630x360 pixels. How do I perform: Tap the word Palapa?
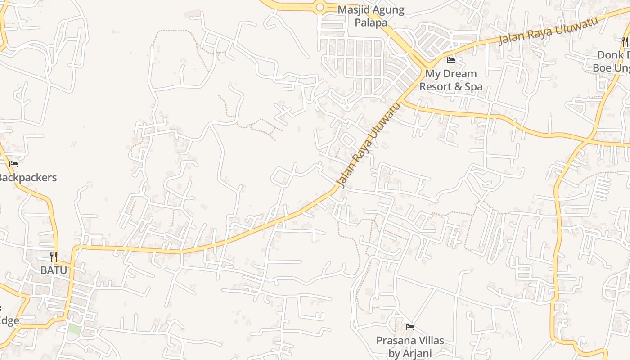point(371,22)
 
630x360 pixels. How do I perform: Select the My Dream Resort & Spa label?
point(451,80)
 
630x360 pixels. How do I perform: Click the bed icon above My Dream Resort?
point(451,60)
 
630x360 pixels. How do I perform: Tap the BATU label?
point(54,270)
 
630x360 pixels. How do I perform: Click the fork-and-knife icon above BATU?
point(54,257)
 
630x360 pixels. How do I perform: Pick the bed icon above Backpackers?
point(13,164)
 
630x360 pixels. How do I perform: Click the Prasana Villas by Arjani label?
point(409,347)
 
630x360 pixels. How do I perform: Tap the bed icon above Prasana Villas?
point(409,327)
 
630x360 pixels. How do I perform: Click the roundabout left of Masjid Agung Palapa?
point(320,7)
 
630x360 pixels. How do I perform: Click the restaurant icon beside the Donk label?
point(625,42)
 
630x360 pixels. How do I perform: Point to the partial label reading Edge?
point(9,321)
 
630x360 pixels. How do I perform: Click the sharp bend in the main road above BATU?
point(75,249)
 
